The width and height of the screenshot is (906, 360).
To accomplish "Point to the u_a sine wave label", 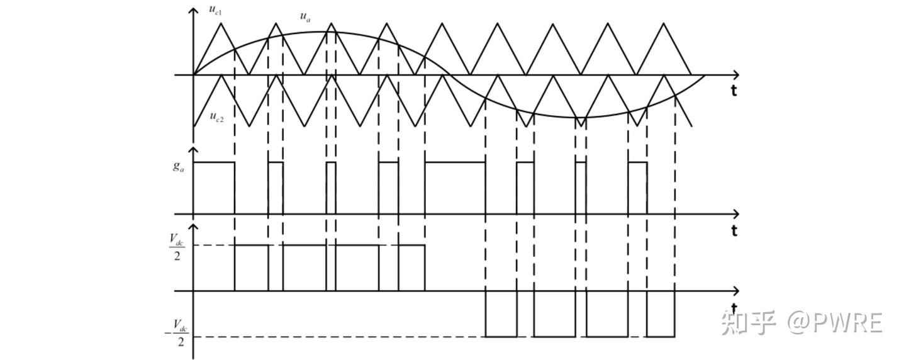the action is [305, 17].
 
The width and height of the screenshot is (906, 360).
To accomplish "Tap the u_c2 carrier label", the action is [216, 117].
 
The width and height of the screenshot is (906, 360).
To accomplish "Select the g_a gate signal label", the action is [179, 167].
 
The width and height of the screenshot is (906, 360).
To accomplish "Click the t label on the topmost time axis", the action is [734, 91].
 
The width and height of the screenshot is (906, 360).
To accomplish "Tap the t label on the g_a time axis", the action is [734, 231].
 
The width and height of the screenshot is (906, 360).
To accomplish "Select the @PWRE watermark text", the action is [834, 322].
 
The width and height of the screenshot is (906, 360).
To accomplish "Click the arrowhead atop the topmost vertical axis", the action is [193, 11].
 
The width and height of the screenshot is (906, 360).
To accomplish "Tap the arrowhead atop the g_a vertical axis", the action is [193, 151].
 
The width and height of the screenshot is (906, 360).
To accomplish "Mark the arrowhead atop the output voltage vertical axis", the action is [193, 227].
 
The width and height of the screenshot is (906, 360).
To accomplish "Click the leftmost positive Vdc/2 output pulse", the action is [251, 267].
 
